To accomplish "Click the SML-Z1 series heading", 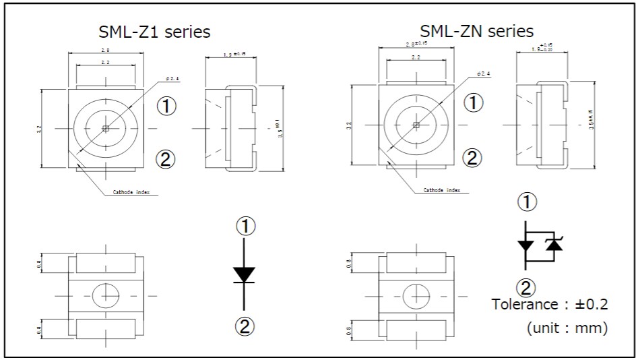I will coord(155,32).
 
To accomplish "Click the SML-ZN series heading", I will coord(476,31).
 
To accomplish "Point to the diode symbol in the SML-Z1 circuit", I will coord(244,274).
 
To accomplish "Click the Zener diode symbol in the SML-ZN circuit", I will coord(554,245).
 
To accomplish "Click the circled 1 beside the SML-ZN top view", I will coord(475,102).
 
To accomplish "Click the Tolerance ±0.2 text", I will coord(550,304).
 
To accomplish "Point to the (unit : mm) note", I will coord(567,328).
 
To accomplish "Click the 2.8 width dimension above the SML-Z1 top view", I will coord(106,51).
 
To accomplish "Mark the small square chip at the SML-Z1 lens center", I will coord(105,127).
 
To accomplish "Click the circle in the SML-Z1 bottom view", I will coord(105,295).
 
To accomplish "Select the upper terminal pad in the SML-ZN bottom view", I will coord(416,264).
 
